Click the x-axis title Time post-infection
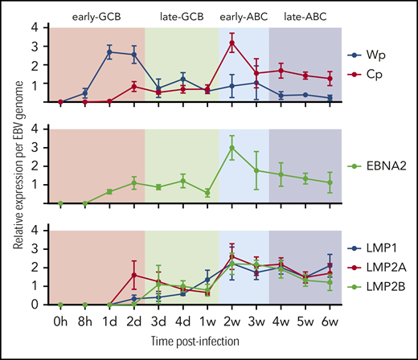pos(195,342)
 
